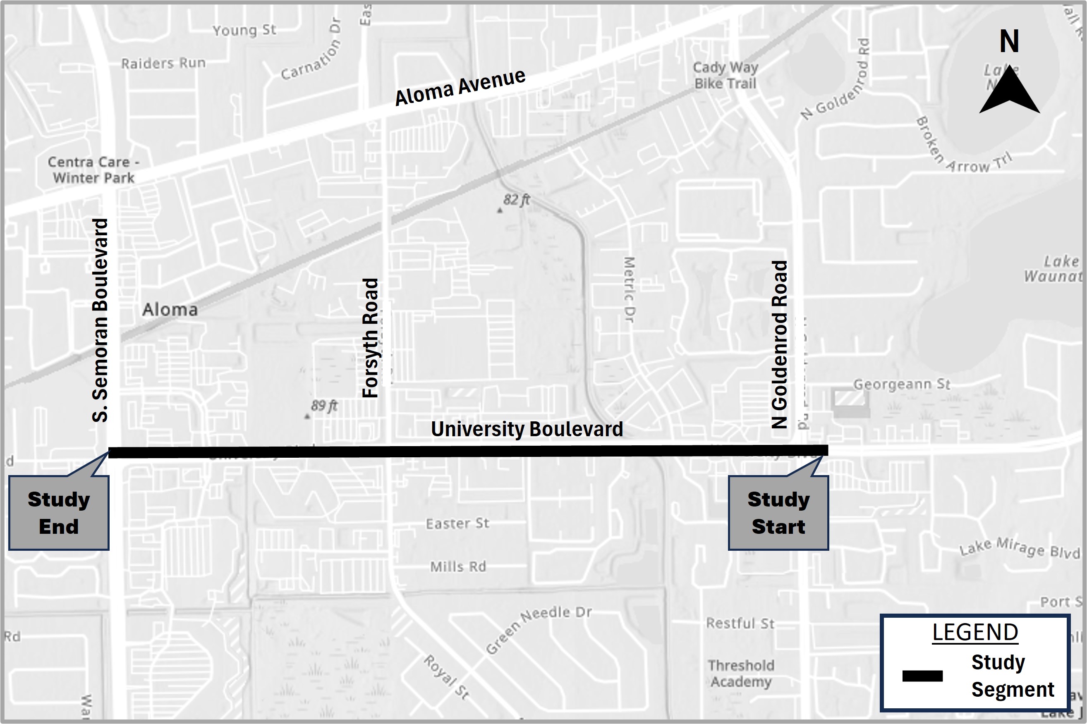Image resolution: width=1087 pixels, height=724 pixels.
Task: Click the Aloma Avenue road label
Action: pos(460,87)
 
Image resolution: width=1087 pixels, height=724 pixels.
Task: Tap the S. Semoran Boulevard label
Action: pos(100,320)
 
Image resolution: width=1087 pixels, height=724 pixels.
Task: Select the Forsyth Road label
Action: pos(370,338)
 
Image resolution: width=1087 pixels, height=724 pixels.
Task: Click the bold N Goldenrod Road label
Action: pos(779,344)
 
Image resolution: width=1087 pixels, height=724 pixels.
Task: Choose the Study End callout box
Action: pos(59,513)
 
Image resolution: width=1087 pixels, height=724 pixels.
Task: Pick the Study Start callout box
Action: pos(778,513)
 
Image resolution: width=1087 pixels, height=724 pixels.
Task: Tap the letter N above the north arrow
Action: pos(1009,42)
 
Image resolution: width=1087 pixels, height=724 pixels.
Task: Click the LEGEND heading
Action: pos(975,632)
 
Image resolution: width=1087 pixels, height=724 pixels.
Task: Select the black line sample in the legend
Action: pos(922,676)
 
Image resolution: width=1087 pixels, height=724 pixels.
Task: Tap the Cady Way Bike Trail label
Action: pos(725,76)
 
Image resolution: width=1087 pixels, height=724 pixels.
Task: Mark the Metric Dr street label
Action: pos(629,289)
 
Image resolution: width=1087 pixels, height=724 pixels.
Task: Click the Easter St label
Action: pos(457,523)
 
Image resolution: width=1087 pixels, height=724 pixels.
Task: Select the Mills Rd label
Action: pos(458,566)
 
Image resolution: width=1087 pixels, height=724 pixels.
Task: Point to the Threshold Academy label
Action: pos(741,673)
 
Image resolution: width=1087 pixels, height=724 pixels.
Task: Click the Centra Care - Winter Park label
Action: pos(94,170)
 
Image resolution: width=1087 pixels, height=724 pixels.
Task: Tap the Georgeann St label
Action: pos(901,384)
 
